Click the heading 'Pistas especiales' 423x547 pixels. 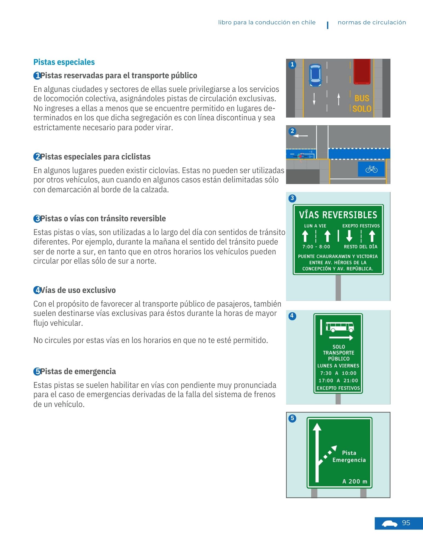coord(64,62)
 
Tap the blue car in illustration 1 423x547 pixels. coord(315,75)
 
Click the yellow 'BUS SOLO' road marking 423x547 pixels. coord(362,104)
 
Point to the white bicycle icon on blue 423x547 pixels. coord(371,169)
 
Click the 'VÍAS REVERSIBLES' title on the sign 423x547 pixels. coord(338,215)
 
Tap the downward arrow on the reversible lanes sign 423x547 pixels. coord(349,236)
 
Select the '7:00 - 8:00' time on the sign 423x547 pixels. coord(316,247)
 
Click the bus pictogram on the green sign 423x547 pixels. coord(340,327)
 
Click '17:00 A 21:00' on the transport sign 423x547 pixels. coord(338,380)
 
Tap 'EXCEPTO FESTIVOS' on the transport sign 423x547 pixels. coord(338,388)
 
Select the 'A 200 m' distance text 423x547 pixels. coord(355,481)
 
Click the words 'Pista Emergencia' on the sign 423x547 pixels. coord(349,456)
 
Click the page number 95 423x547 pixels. coord(406,523)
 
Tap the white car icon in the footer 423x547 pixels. coord(389,524)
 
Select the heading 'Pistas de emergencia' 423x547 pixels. coord(78,371)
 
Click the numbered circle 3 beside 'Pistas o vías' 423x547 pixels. coord(37,219)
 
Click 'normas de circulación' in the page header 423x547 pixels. coord(372,22)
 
